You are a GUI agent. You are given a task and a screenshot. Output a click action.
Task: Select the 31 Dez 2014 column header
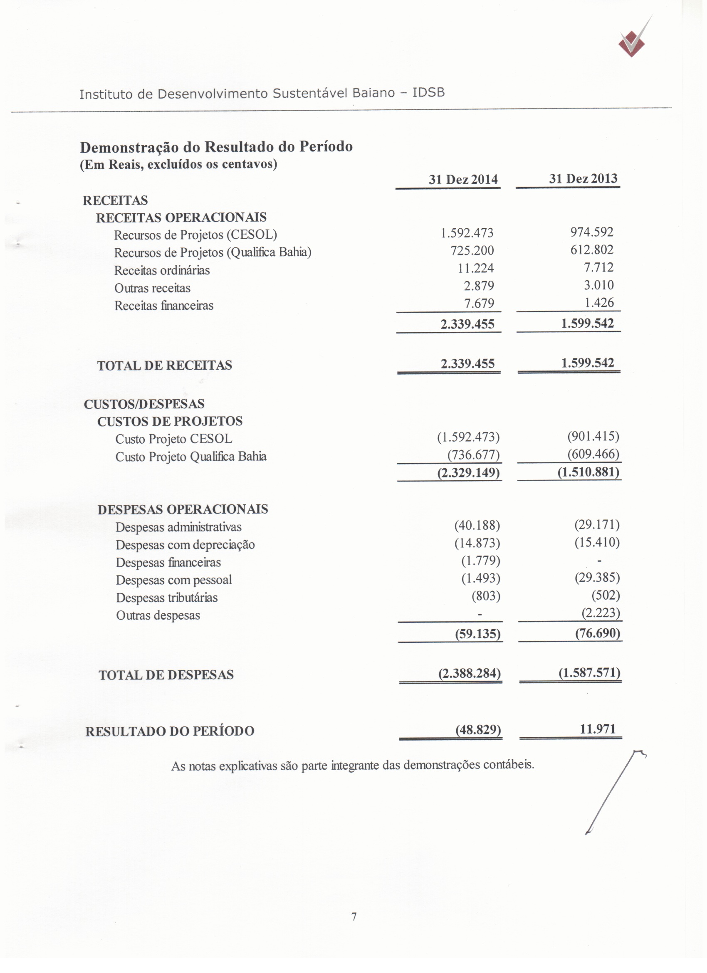pos(463,179)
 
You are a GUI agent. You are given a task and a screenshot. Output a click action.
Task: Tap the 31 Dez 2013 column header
pos(583,178)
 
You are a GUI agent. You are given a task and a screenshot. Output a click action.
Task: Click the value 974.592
pos(592,232)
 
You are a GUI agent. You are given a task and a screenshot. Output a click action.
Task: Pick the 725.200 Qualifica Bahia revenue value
pos(472,250)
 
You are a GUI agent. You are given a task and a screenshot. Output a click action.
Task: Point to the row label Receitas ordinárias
pos(162,270)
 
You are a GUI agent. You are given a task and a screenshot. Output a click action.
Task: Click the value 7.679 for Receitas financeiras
pos(479,303)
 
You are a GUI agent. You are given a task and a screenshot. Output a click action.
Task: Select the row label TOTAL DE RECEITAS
pos(164,365)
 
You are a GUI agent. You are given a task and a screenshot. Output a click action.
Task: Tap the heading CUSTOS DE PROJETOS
pos(170,421)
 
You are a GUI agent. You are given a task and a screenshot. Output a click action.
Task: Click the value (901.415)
pos(593,436)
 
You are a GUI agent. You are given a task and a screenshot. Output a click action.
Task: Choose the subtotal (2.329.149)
pos(468,472)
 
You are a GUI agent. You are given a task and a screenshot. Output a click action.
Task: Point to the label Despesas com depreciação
pos(185,544)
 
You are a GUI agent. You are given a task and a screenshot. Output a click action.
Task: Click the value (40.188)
pos(477,525)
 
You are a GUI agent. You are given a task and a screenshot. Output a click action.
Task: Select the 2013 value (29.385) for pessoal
pos(597,578)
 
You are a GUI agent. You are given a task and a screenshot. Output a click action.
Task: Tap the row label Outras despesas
pos(158,615)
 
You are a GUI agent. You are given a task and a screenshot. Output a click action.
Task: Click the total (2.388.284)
pos(470,673)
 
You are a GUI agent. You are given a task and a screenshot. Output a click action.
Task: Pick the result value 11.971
pos(598,729)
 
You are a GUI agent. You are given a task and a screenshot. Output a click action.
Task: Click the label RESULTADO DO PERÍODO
pos(170,731)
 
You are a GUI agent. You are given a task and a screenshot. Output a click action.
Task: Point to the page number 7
pos(354,916)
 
